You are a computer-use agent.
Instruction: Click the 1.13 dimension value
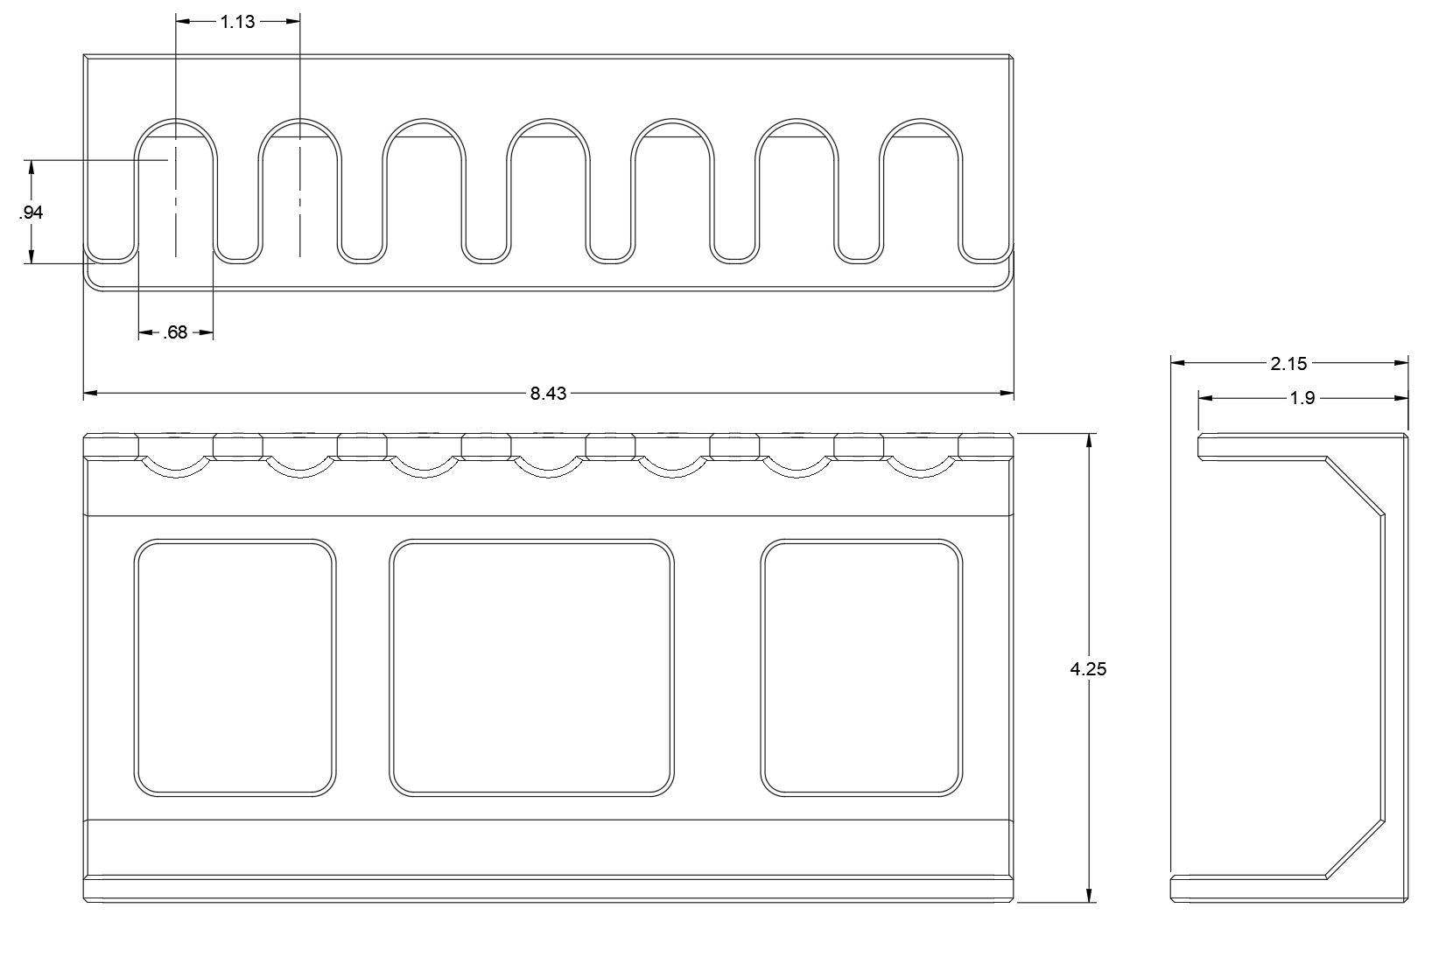tap(237, 22)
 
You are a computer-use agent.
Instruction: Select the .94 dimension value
tap(31, 212)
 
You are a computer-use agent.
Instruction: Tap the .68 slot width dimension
tap(175, 332)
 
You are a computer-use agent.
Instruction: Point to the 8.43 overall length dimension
tap(548, 394)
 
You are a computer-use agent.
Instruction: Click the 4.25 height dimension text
tap(1089, 668)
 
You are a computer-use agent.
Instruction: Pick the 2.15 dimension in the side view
tap(1289, 364)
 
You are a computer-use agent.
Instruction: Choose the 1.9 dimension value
tap(1302, 398)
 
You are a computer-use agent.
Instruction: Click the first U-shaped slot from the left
tap(176, 120)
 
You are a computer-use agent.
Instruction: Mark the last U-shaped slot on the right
tap(921, 120)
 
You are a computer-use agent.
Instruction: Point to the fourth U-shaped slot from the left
tap(549, 120)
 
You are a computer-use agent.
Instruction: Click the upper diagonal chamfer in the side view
tap(1356, 487)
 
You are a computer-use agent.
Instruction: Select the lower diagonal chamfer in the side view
tap(1356, 849)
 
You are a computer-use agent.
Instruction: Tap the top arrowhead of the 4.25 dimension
tap(1089, 439)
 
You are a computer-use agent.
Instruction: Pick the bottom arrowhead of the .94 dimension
tap(31, 257)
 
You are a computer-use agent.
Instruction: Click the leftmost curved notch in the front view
tap(176, 476)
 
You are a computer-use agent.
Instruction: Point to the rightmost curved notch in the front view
tap(921, 476)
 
